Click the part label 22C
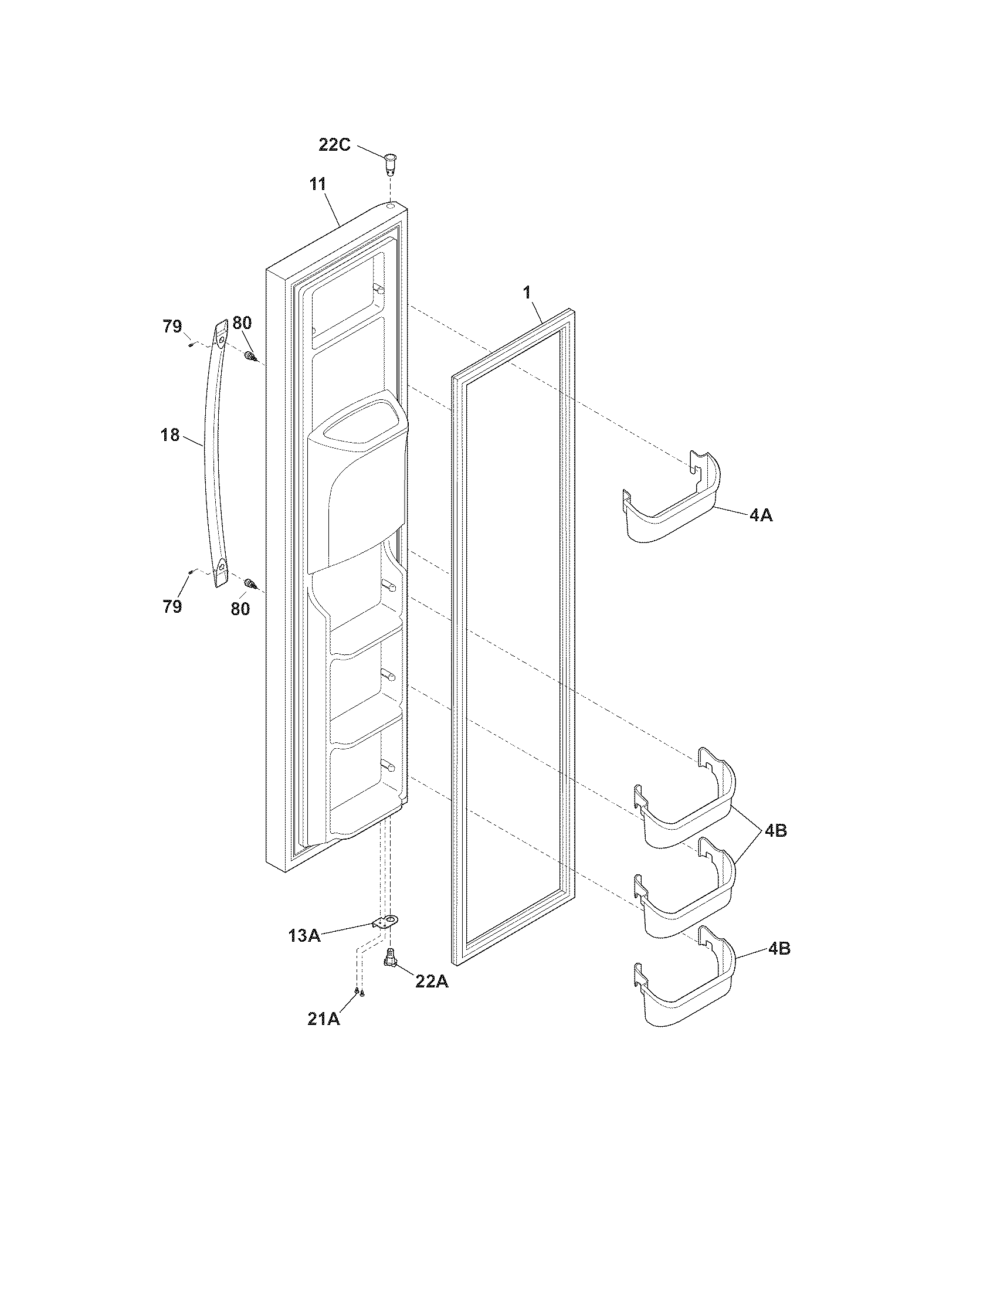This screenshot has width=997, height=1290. (x=335, y=145)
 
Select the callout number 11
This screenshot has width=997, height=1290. (x=318, y=184)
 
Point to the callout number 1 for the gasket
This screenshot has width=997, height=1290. (x=527, y=293)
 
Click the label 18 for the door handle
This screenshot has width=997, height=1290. (x=170, y=435)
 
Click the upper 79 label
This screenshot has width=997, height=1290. (x=172, y=326)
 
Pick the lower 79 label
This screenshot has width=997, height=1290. (x=172, y=607)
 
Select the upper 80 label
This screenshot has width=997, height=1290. (x=242, y=323)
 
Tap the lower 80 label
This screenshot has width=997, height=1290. (x=240, y=609)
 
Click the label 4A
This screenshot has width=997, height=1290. (x=761, y=515)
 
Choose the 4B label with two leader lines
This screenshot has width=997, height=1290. (x=775, y=830)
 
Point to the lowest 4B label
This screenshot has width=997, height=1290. (x=779, y=949)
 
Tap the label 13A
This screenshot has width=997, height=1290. (x=304, y=936)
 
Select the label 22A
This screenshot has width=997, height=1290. (x=432, y=982)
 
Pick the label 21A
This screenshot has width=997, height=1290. (x=324, y=1019)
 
